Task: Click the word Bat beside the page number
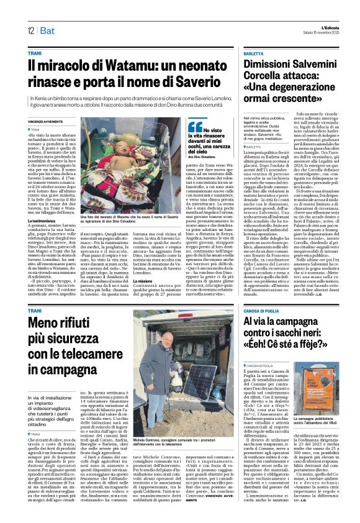pyautogui.click(x=48, y=30)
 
